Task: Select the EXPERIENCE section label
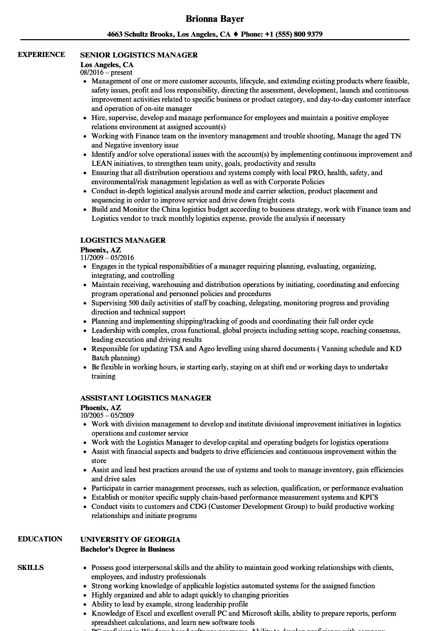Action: [41, 55]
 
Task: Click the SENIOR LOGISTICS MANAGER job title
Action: [139, 55]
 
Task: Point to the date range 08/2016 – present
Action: [106, 73]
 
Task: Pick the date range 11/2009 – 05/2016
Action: [107, 257]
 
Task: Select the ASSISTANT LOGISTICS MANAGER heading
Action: [145, 398]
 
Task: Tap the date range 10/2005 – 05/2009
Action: [107, 415]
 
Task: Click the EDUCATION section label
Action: [40, 539]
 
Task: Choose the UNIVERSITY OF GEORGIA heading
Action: [130, 539]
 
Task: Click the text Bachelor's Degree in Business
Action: [127, 549]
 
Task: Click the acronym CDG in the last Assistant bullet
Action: [198, 507]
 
